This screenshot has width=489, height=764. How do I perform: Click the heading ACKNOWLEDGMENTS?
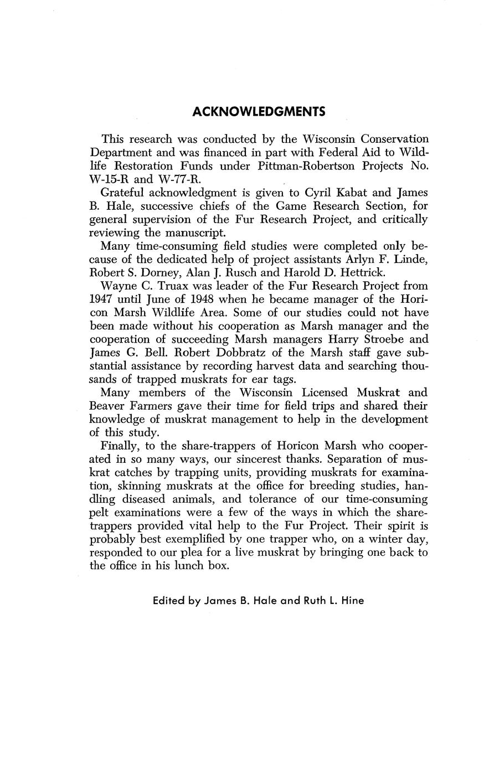(259, 112)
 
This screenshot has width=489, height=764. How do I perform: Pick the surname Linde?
(411, 259)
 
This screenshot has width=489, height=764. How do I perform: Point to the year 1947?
(102, 300)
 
